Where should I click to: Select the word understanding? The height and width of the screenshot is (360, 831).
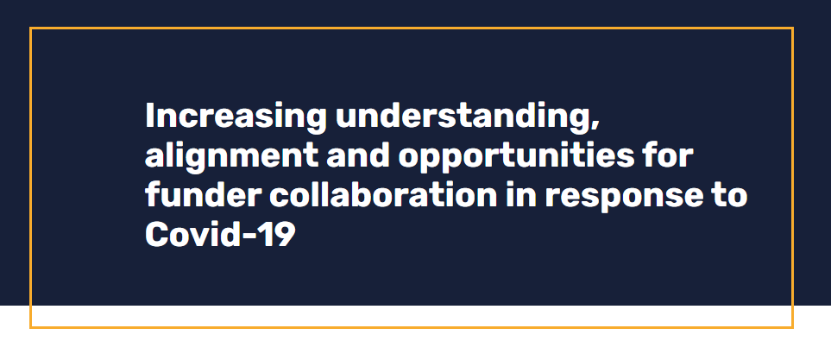pyautogui.click(x=462, y=117)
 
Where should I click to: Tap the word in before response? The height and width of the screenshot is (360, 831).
pyautogui.click(x=523, y=195)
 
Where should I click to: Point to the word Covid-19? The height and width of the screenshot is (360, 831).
pyautogui.click(x=220, y=234)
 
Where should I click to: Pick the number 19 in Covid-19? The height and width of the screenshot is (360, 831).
pyautogui.click(x=280, y=234)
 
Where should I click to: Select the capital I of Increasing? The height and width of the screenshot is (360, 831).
pyautogui.click(x=150, y=117)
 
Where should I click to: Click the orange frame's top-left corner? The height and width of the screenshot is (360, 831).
pyautogui.click(x=31, y=28)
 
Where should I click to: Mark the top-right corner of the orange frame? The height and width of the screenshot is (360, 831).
pyautogui.click(x=791, y=28)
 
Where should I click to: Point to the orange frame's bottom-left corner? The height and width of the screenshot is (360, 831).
pyautogui.click(x=31, y=327)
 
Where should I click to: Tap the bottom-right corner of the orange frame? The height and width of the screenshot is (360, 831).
pyautogui.click(x=791, y=327)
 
